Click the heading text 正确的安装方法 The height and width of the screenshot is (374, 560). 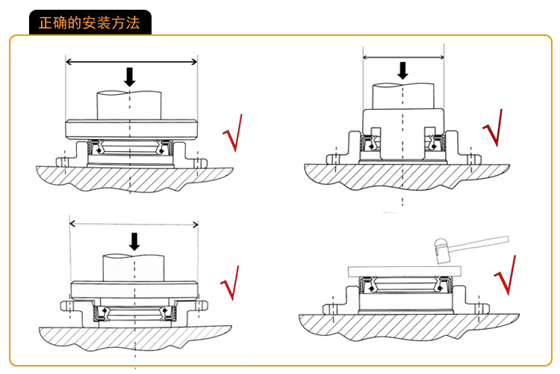coord(89,22)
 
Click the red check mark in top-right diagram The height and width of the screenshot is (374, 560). coord(494,129)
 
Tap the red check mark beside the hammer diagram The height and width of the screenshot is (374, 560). coord(505,275)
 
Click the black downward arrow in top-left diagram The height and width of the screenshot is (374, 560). coord(130,76)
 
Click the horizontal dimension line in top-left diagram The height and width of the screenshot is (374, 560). coord(131,61)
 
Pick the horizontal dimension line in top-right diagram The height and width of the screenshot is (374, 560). coord(403,57)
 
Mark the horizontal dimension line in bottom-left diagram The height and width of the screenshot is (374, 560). coord(134,224)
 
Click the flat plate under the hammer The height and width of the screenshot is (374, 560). coord(404,271)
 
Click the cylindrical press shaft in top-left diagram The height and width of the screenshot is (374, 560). coord(130,105)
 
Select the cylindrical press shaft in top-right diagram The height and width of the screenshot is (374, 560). coord(403,95)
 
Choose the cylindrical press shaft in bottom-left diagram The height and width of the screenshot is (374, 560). coord(134,266)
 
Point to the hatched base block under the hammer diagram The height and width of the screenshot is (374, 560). coord(403,325)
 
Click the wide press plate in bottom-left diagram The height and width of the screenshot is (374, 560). coord(134,288)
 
